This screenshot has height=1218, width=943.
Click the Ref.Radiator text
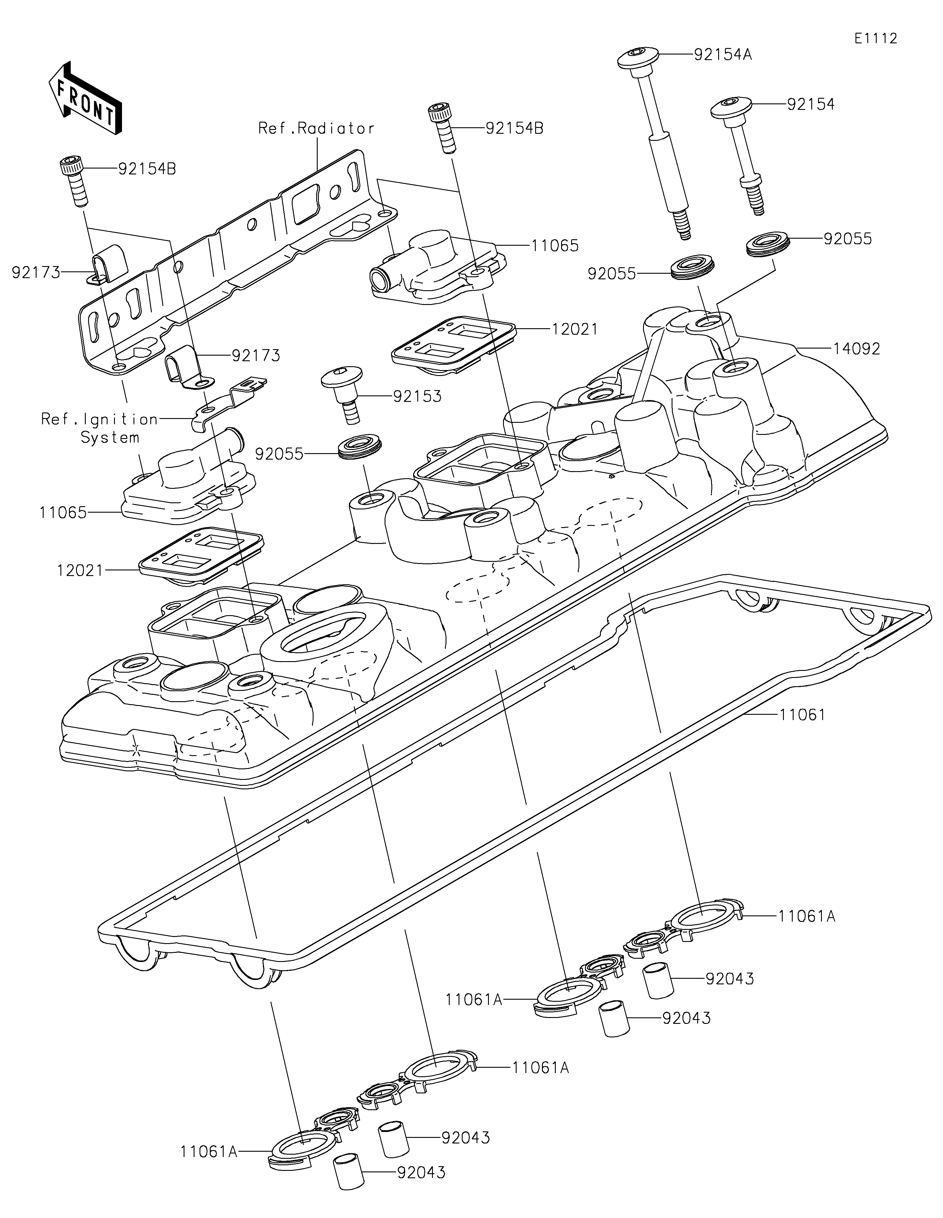click(316, 128)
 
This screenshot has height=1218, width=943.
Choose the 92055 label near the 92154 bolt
click(848, 239)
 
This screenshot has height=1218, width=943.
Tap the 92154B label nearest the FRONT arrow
click(147, 169)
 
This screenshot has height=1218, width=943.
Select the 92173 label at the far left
click(36, 272)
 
